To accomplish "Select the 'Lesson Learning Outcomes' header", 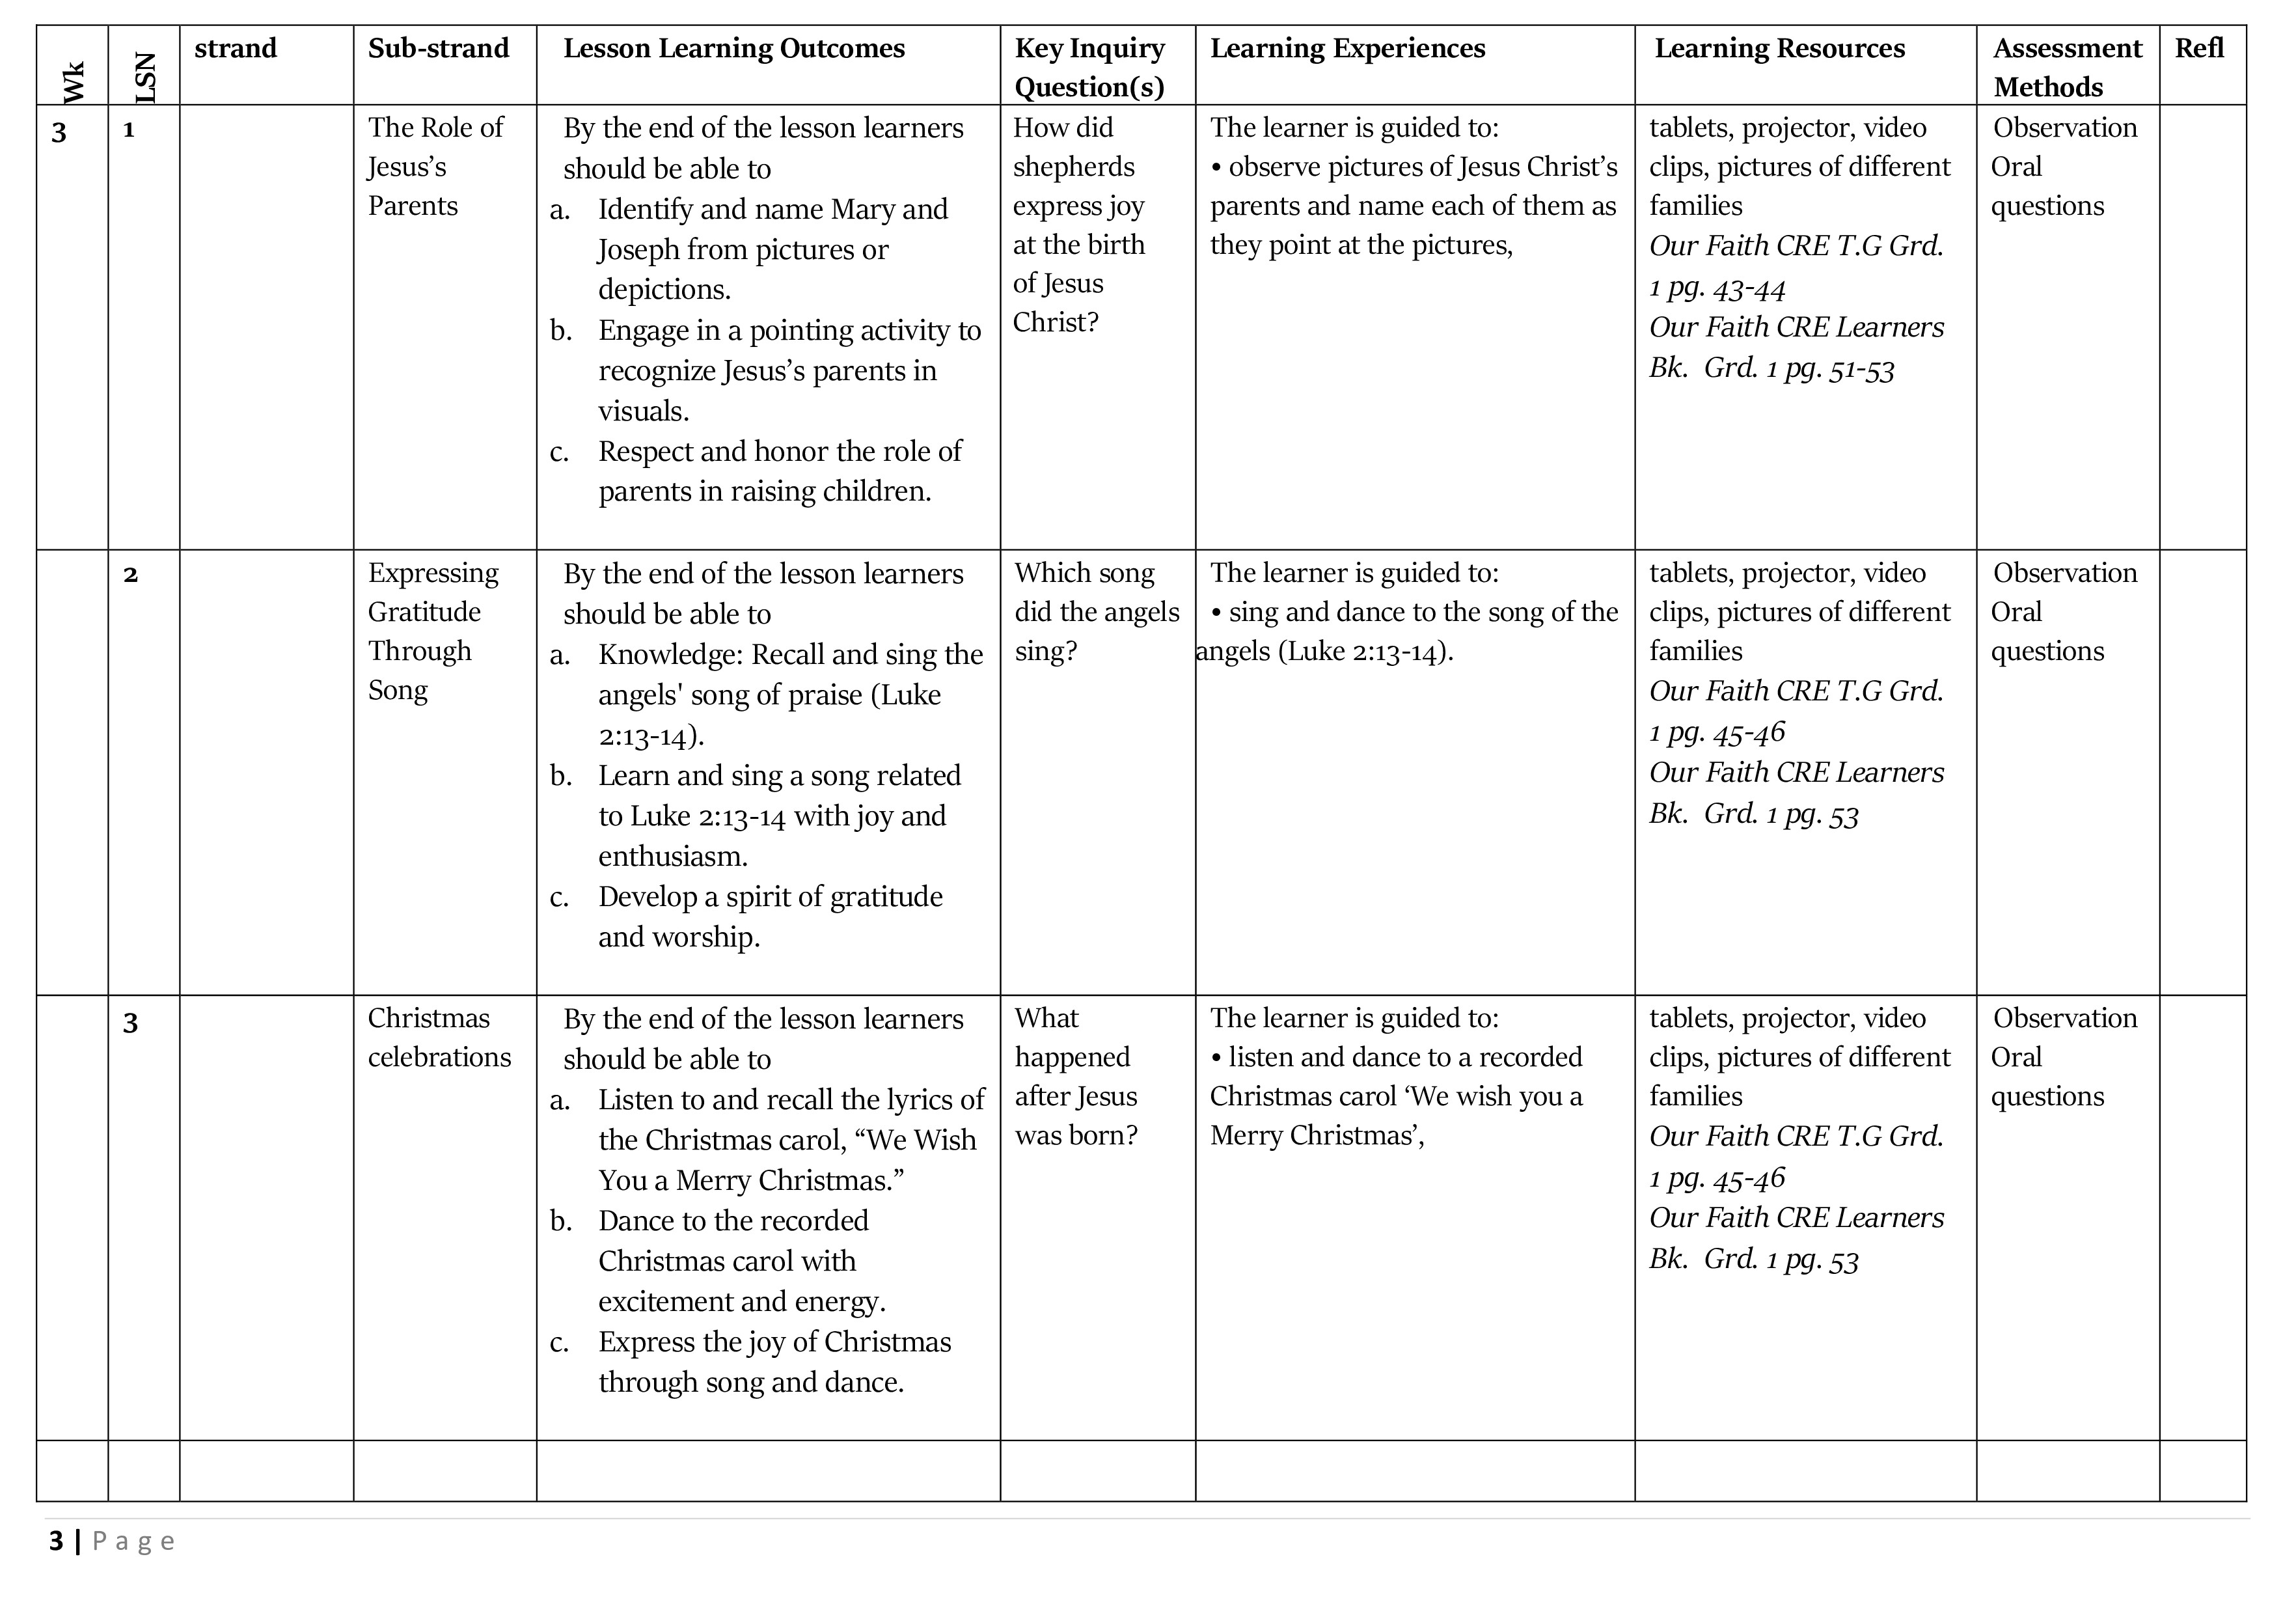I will click(734, 49).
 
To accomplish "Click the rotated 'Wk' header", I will click(74, 81).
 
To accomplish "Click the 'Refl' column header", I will click(2198, 49).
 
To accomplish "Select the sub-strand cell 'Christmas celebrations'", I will click(439, 1037).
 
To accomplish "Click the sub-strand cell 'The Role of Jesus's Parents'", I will click(435, 166).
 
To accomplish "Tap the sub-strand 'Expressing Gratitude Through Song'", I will click(433, 631).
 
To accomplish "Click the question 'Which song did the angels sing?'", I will click(1096, 612).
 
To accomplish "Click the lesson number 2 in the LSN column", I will click(130, 575).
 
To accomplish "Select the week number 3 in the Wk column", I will click(59, 132).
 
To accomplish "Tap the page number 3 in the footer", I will click(56, 1541).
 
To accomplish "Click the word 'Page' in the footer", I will click(133, 1542).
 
